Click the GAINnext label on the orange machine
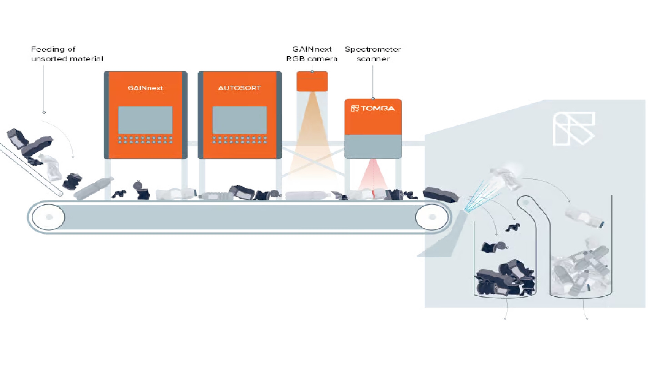pyautogui.click(x=145, y=88)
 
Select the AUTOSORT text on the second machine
pyautogui.click(x=239, y=88)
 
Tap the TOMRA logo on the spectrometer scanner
pyautogui.click(x=373, y=108)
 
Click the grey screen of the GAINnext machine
pyautogui.click(x=145, y=120)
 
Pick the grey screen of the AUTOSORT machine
pyautogui.click(x=239, y=120)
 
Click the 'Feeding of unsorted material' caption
pyautogui.click(x=67, y=54)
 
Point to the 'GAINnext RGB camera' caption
pyautogui.click(x=312, y=54)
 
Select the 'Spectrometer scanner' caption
pyautogui.click(x=373, y=54)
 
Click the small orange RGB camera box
pyautogui.click(x=312, y=81)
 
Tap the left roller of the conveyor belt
pyautogui.click(x=49, y=217)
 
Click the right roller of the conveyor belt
pyautogui.click(x=432, y=217)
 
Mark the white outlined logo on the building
pyautogui.click(x=573, y=128)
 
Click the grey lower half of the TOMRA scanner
pyautogui.click(x=373, y=146)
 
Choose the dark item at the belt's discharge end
pyautogui.click(x=441, y=195)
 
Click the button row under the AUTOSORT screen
pyautogui.click(x=239, y=140)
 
